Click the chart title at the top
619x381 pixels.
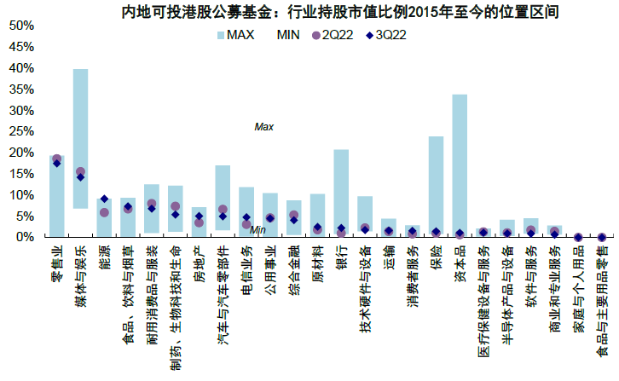tap(323, 12)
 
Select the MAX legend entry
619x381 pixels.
tap(243, 35)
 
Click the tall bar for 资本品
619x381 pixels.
tap(460, 165)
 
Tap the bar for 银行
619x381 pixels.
tap(341, 193)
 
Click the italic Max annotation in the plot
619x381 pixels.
tap(263, 127)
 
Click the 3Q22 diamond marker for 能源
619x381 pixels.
tap(104, 199)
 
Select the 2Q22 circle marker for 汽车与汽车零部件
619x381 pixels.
tap(223, 209)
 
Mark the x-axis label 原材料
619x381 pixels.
tap(317, 262)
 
